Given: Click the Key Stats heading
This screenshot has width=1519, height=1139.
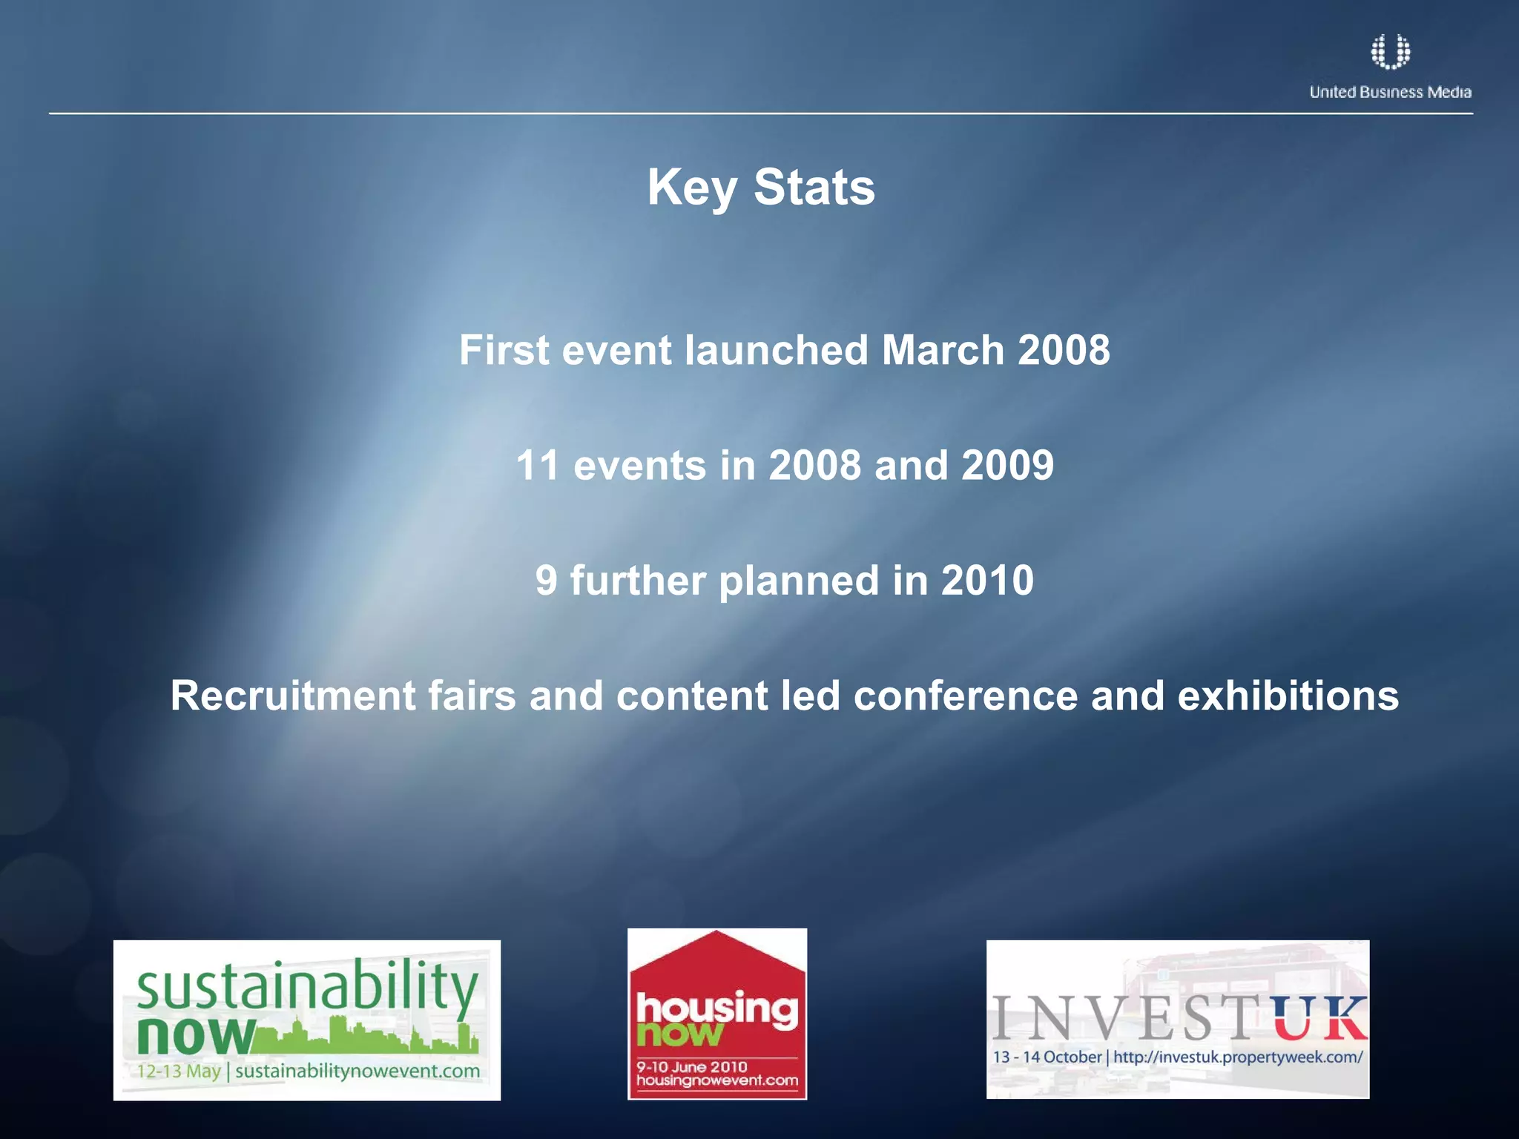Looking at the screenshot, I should click(761, 187).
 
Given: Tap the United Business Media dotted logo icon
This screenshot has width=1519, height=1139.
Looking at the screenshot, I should click(1390, 52).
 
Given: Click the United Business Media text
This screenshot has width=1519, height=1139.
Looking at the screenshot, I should click(1390, 92).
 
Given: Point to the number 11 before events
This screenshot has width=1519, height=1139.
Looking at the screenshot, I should click(538, 466).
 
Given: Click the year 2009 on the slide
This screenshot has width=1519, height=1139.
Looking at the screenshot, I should click(1007, 466).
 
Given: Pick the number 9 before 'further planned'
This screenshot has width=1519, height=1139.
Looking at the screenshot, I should click(546, 581).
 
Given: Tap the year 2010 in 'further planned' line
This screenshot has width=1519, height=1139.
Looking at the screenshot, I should click(987, 581).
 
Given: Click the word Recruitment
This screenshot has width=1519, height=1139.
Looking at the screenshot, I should click(293, 696).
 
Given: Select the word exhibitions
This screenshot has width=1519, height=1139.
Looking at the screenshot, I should click(1288, 696).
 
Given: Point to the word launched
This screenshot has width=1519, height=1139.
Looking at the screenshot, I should click(776, 350).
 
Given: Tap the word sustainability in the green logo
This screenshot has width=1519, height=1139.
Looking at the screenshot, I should click(307, 986).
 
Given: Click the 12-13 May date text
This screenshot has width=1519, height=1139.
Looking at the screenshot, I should click(179, 1072).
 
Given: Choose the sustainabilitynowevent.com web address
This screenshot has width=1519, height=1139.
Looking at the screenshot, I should click(357, 1072).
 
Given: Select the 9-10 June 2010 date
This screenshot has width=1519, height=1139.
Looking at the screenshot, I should click(691, 1067).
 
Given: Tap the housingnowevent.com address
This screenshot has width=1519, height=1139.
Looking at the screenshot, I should click(716, 1080).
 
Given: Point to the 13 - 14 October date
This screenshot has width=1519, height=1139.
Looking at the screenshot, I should click(1047, 1057).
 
